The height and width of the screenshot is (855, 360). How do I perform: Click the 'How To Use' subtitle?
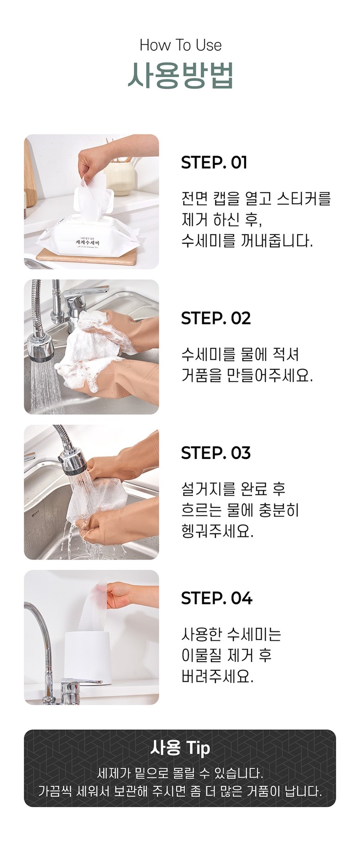180,45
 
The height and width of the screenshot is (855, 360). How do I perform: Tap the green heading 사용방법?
180,75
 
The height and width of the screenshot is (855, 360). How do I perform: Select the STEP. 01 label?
214,163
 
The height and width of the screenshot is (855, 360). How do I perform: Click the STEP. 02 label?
216,318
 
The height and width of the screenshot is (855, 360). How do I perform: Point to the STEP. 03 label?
216,453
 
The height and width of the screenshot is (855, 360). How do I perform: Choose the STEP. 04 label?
216,598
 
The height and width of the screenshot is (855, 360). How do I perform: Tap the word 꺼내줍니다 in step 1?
276,241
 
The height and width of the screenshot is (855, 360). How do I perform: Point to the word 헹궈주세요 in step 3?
217,531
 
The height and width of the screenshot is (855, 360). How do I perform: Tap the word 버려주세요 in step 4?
217,676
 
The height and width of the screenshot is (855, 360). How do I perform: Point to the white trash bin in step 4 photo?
87,657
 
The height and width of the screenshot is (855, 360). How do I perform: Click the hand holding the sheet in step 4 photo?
124,595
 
